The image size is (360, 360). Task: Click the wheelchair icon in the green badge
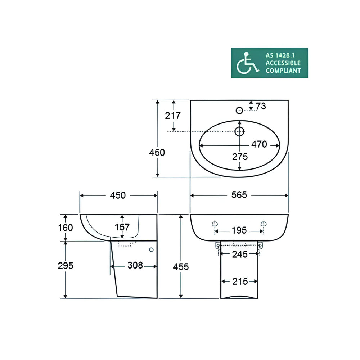pyautogui.click(x=247, y=63)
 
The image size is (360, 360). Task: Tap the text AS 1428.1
pyautogui.click(x=280, y=55)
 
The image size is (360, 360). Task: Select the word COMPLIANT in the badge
pyautogui.click(x=283, y=71)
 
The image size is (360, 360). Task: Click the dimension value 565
pyautogui.click(x=239, y=195)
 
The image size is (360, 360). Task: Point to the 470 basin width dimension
pyautogui.click(x=259, y=144)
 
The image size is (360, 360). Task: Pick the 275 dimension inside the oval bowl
pyautogui.click(x=240, y=157)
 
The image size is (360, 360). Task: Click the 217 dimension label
pyautogui.click(x=173, y=116)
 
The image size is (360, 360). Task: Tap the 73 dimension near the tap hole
pyautogui.click(x=261, y=106)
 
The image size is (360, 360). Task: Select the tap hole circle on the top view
pyautogui.click(x=239, y=111)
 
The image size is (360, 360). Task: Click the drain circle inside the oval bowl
pyautogui.click(x=239, y=131)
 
